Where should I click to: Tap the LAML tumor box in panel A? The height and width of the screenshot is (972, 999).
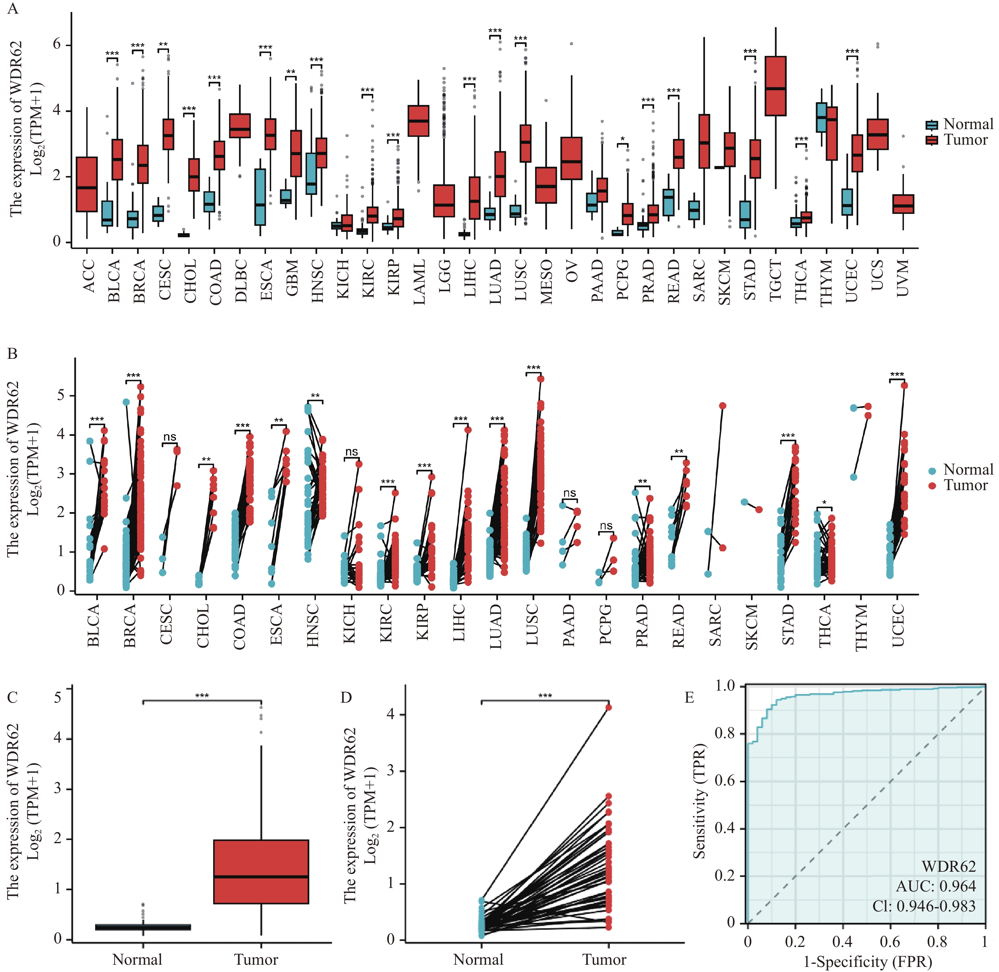pyautogui.click(x=419, y=121)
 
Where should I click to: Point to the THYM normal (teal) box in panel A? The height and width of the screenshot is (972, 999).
pyautogui.click(x=821, y=117)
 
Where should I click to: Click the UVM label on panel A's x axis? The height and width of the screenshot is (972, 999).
pyautogui.click(x=903, y=278)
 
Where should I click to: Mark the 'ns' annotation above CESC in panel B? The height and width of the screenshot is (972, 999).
pyautogui.click(x=169, y=437)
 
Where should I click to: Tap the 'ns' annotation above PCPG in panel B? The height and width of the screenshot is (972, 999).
pyautogui.click(x=606, y=526)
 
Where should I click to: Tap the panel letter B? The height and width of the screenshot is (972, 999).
pyautogui.click(x=12, y=354)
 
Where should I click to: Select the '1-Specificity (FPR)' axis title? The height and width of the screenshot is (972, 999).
pyautogui.click(x=867, y=962)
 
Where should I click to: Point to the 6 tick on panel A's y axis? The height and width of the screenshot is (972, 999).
pyautogui.click(x=57, y=44)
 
